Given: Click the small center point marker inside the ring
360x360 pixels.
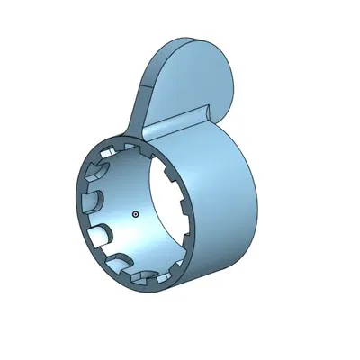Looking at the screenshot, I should [134, 214].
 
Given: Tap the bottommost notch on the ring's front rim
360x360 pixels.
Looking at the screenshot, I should [144, 280].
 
